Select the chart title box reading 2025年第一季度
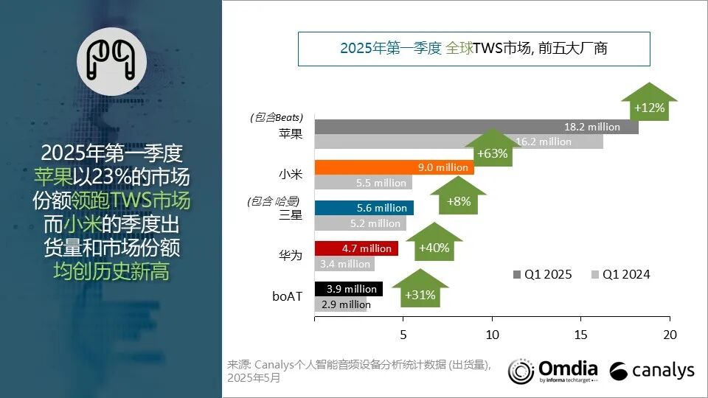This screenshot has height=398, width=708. tap(473, 49)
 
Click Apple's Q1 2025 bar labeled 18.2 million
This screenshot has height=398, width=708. tap(476, 127)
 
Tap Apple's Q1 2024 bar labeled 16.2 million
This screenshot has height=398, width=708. tap(457, 142)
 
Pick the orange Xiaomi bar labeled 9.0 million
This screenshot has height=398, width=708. tap(393, 167)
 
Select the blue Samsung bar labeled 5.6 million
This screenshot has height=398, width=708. tap(364, 208)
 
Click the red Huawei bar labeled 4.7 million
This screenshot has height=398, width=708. tap(355, 248)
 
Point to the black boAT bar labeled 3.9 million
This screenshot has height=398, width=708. tap(348, 289)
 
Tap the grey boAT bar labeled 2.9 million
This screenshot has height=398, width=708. tap(340, 304)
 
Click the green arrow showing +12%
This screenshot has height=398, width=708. tap(649, 103)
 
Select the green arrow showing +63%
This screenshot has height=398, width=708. tap(492, 150)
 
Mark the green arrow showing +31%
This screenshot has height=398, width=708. tap(420, 291)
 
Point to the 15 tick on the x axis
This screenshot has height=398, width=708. tap(580, 333)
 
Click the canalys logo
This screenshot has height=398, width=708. tap(652, 370)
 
